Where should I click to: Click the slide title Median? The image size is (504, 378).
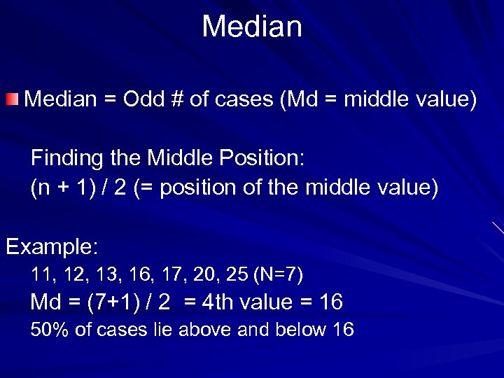coord(252,27)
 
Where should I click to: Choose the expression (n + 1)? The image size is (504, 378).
coord(60,189)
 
